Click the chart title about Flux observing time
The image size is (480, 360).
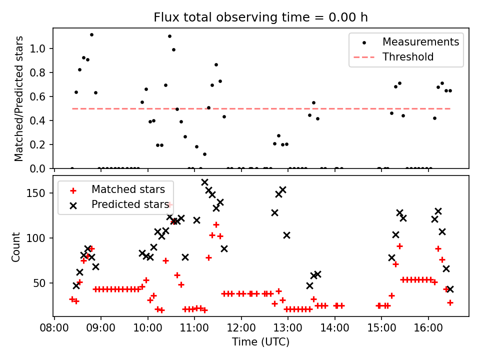(x=260, y=17)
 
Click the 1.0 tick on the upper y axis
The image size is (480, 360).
(x=40, y=48)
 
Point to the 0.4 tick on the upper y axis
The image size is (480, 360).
(x=40, y=120)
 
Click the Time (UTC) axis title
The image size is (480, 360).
(x=260, y=342)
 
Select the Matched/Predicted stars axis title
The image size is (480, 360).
(x=19, y=98)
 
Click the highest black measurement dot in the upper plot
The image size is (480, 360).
(x=91, y=34)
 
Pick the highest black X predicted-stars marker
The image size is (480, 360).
(x=204, y=182)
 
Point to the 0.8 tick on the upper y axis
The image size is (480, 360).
(x=40, y=72)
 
